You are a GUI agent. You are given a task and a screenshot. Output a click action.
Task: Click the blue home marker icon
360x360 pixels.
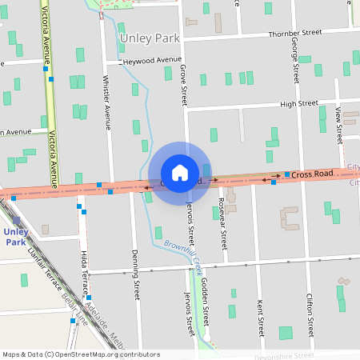tap(180, 173)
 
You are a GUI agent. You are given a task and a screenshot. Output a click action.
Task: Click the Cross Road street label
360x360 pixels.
tap(311, 174)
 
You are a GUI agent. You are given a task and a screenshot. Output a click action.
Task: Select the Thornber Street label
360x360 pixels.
tap(295, 33)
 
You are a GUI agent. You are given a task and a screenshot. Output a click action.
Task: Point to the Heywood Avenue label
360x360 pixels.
tap(154, 60)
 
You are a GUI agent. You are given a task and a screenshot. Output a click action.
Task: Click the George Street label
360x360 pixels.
tap(295, 61)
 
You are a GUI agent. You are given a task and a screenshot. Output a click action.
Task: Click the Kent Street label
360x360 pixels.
tap(260, 317)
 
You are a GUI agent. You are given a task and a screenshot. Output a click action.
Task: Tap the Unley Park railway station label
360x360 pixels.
tap(16, 237)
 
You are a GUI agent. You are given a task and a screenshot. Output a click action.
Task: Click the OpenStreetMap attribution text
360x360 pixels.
tap(81, 354)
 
